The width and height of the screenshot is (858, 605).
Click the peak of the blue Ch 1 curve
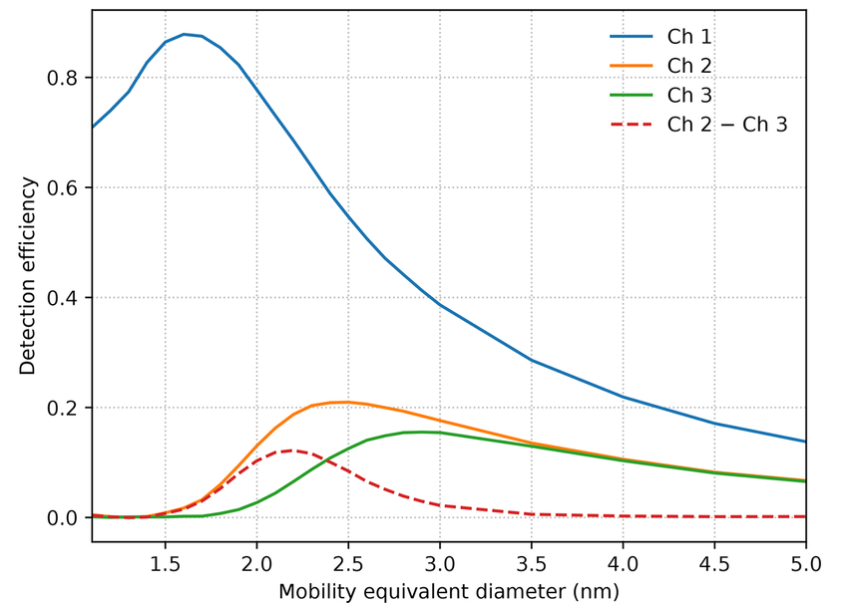pyautogui.click(x=184, y=34)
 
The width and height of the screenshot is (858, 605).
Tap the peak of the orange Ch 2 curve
pyautogui.click(x=347, y=403)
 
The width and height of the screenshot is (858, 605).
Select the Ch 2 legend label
pyautogui.click(x=689, y=66)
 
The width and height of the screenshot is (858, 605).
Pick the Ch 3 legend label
pyautogui.click(x=689, y=95)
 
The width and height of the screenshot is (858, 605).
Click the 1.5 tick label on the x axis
pyautogui.click(x=166, y=563)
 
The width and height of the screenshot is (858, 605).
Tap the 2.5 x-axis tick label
pyautogui.click(x=348, y=563)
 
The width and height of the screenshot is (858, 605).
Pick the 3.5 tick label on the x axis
pyautogui.click(x=532, y=563)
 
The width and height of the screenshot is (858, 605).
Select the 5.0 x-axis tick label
pyautogui.click(x=806, y=563)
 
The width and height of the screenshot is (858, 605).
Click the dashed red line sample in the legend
pyautogui.click(x=632, y=125)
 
